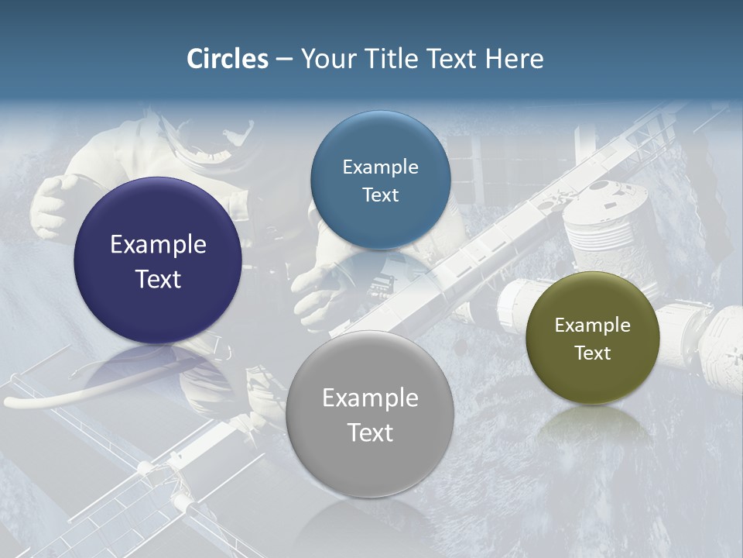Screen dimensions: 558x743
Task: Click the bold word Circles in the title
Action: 228,59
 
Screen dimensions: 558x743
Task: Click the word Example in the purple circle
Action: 158,245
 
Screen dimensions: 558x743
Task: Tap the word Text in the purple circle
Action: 158,279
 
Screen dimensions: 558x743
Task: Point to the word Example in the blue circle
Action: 380,167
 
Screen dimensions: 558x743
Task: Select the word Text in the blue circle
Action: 380,195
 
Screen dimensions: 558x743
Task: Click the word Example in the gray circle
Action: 370,398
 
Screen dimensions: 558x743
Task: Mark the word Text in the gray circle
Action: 370,432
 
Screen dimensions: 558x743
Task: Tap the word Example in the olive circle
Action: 592,325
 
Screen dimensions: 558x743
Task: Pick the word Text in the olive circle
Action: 592,353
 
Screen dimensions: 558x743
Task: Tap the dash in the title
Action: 284,60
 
